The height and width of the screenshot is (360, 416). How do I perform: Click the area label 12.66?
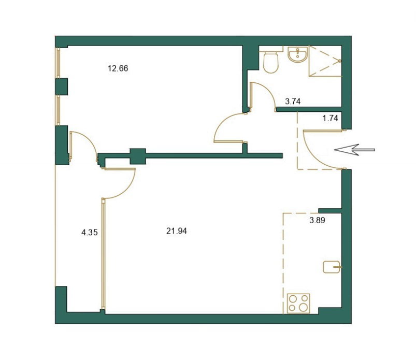[x=118, y=68]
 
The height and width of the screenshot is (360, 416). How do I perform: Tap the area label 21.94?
[x=177, y=231]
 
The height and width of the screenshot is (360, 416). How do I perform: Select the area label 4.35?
[x=90, y=233]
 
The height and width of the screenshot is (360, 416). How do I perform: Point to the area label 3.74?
[x=293, y=102]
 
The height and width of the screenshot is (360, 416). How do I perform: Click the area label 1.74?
[x=331, y=118]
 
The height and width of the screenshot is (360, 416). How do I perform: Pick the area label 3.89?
[x=317, y=220]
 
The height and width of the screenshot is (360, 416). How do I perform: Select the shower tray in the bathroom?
[x=325, y=61]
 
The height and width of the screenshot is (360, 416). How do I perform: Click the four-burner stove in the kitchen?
[x=298, y=303]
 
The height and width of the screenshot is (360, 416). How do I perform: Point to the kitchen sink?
[x=332, y=267]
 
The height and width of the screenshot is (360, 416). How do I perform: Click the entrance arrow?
[x=354, y=150]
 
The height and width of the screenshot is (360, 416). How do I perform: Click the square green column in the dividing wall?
[x=138, y=156]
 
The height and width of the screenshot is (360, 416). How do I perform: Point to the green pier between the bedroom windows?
[x=61, y=87]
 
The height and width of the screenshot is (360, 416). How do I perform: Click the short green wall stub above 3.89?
[x=330, y=211]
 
